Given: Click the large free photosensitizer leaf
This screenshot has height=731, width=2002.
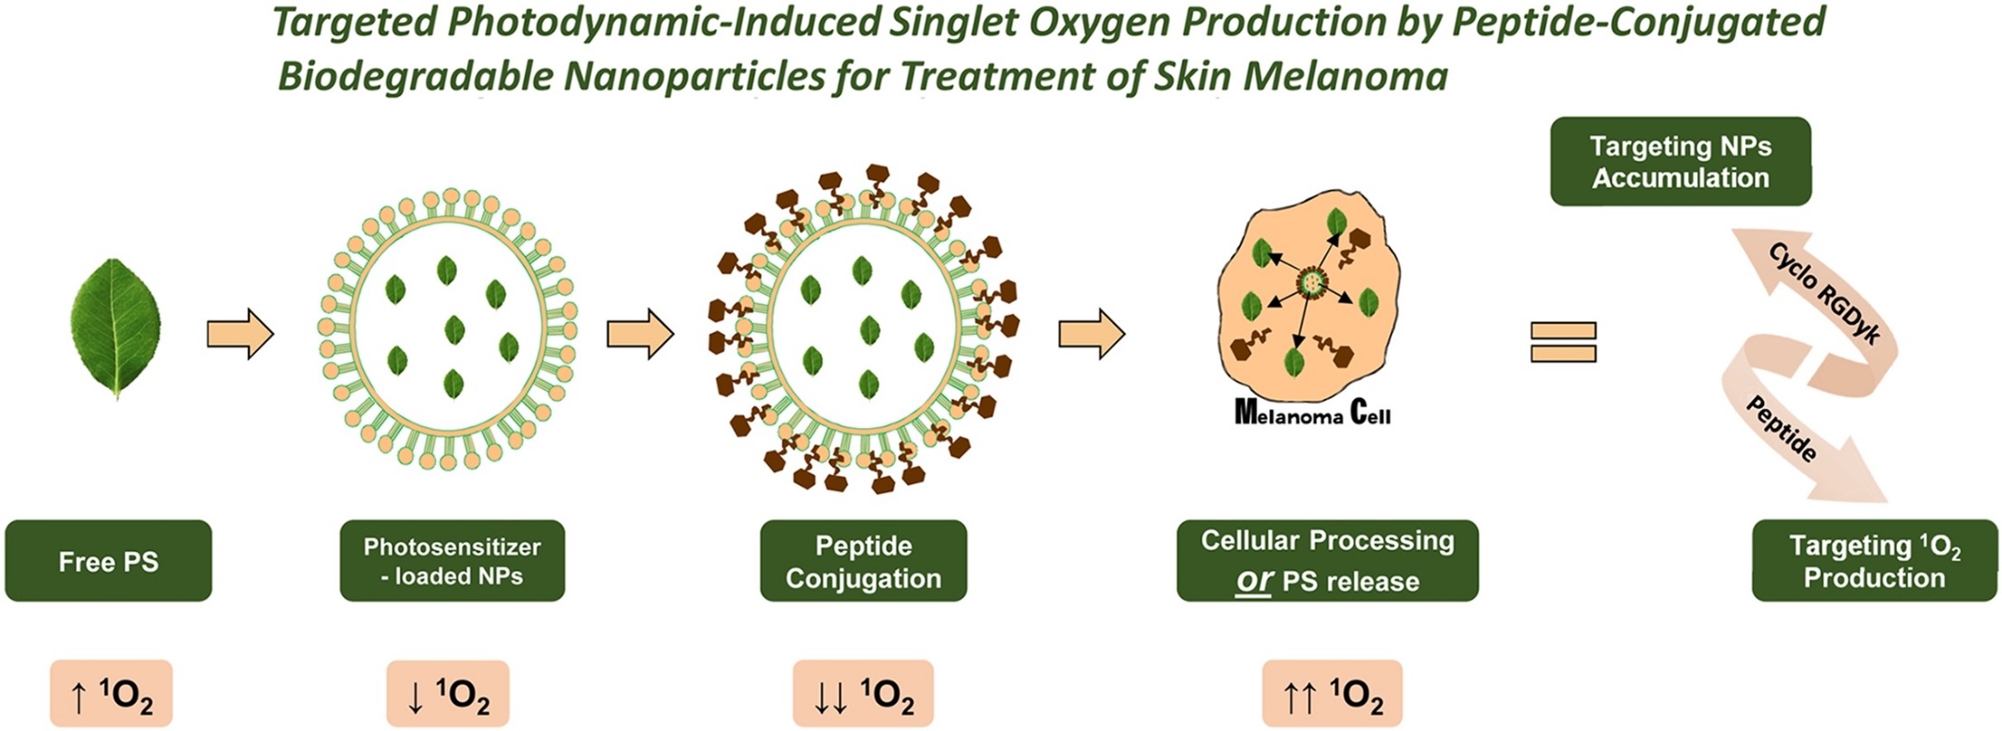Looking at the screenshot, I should click(x=116, y=328).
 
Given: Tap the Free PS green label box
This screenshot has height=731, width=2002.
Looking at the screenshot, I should click(x=109, y=561).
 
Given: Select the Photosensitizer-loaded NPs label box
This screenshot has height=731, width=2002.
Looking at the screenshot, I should click(x=452, y=561).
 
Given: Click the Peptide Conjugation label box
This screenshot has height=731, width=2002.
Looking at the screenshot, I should click(x=863, y=561).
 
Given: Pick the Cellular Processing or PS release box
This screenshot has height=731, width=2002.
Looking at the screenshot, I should click(x=1327, y=561).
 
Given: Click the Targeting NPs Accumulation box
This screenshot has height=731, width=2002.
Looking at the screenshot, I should click(x=1680, y=162).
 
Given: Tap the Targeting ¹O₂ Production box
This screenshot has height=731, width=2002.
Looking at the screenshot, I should click(x=1874, y=561).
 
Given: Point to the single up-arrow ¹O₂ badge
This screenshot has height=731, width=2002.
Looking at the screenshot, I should click(x=110, y=695).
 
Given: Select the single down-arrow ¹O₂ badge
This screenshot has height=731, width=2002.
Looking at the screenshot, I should click(x=448, y=695).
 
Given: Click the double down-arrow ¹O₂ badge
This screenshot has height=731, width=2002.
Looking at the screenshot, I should click(x=863, y=695).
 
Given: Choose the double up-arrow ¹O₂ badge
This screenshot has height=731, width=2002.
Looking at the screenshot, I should click(x=1333, y=695).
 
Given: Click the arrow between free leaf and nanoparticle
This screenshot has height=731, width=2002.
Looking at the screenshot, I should click(x=240, y=335).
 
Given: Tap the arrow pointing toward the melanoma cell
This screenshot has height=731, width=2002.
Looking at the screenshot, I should click(x=1091, y=335).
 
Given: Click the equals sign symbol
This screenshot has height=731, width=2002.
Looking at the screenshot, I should click(x=1563, y=342).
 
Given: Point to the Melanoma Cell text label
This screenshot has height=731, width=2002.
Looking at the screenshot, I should click(x=1312, y=413).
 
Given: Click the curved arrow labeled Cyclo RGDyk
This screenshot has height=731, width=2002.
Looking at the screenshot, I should click(x=1818, y=299).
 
